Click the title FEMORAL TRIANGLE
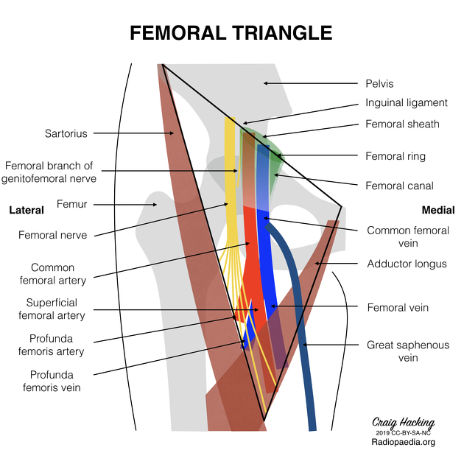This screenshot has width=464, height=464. (x=231, y=33)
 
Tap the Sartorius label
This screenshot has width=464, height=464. (x=66, y=133)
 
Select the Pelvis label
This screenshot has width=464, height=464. (x=380, y=84)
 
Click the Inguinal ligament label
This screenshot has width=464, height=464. (x=406, y=103)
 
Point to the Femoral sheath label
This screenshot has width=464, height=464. (x=402, y=124)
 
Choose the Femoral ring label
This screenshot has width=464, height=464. (x=396, y=156)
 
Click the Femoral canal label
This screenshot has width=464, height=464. (x=399, y=186)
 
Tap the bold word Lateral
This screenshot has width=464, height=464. (x=27, y=210)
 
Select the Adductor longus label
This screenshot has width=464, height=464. (x=407, y=263)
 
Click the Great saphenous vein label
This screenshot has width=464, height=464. (x=407, y=351)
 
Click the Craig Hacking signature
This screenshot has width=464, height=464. (x=402, y=423)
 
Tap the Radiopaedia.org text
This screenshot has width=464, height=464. (x=402, y=442)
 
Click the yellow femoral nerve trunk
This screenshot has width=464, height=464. (x=231, y=184)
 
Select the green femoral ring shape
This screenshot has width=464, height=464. (x=271, y=151)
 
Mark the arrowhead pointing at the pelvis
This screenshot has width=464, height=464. (x=266, y=83)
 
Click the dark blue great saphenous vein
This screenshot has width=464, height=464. (x=302, y=331)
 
